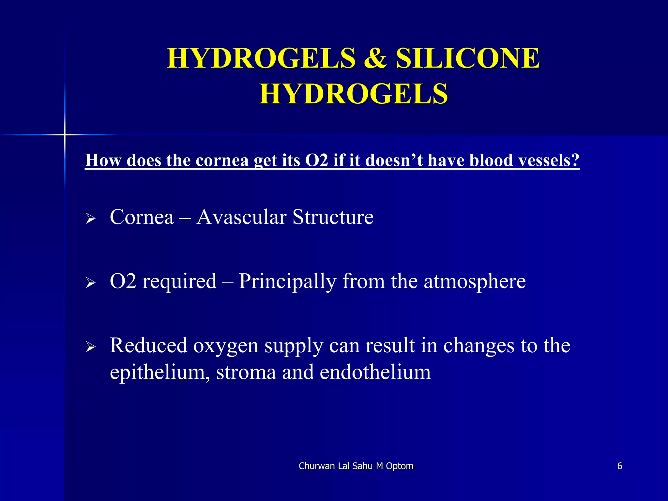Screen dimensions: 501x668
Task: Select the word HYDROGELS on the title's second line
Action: point(354,94)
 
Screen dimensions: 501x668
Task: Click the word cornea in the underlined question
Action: point(222,160)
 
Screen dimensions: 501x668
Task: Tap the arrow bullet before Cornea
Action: point(90,219)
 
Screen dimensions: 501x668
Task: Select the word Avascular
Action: point(241,217)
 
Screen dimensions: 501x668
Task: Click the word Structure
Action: point(333,217)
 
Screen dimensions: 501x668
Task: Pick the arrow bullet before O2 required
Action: point(90,282)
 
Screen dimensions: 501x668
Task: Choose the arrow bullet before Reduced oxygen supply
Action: point(90,347)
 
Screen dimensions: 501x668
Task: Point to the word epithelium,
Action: point(160,372)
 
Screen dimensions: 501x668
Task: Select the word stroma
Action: point(246,372)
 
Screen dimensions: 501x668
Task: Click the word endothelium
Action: point(375,372)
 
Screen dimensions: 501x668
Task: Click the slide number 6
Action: point(620,466)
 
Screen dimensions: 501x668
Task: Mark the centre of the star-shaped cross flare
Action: point(65,134)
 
